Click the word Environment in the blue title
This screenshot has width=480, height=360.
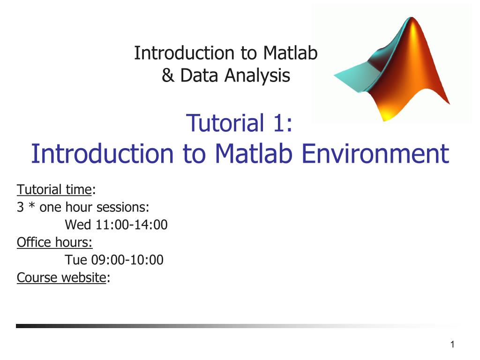tap(375, 153)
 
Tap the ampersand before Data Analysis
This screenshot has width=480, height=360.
tap(168, 75)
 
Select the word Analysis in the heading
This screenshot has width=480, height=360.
tap(257, 75)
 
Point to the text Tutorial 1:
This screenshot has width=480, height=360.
tap(240, 123)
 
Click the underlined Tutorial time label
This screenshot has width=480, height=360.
tap(54, 189)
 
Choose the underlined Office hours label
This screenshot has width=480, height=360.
tap(54, 242)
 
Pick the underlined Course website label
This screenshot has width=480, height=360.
tap(61, 277)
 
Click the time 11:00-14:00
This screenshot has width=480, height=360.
tap(132, 225)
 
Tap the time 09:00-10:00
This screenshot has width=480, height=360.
tap(127, 260)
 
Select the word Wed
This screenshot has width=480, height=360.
tap(78, 225)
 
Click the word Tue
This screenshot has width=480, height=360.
tap(76, 260)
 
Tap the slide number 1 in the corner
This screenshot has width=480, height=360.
tap(452, 345)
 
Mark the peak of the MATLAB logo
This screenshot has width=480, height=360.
tap(412, 18)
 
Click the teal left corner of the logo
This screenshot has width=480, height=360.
tap(334, 75)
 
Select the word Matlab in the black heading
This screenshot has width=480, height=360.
tap(290, 53)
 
